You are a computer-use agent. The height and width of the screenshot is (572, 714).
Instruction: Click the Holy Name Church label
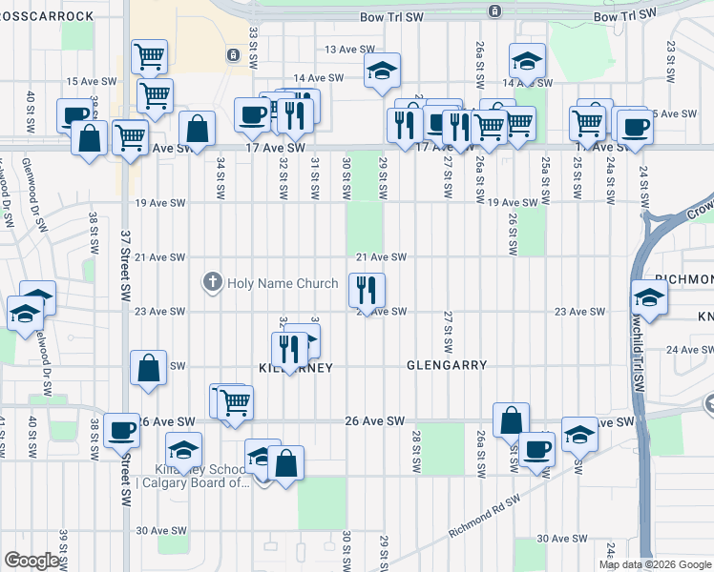click(x=282, y=283)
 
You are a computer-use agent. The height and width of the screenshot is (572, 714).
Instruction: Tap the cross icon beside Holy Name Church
click(x=212, y=282)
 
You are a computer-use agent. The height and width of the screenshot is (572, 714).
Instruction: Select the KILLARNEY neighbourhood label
click(x=295, y=367)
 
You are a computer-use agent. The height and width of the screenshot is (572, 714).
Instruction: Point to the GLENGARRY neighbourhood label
click(x=447, y=365)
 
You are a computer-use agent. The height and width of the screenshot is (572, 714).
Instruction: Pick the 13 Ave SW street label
click(x=346, y=49)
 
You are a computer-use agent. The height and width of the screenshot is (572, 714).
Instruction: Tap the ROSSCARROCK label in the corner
click(x=48, y=15)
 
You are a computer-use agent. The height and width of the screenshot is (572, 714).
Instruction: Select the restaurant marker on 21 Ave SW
click(x=367, y=288)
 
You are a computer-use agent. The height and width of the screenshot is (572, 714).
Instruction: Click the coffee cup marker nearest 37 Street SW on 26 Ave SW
click(x=121, y=431)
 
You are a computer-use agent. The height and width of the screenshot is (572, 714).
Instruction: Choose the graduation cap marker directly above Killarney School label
click(x=183, y=448)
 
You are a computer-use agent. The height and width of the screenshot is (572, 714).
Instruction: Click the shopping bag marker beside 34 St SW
click(x=197, y=128)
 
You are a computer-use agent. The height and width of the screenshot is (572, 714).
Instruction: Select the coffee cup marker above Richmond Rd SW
click(x=536, y=447)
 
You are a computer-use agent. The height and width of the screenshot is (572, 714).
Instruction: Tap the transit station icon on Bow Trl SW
click(x=494, y=11)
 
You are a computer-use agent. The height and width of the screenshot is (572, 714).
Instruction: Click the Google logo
click(x=31, y=560)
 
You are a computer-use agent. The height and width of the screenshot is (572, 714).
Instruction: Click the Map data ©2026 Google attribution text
click(x=656, y=564)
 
